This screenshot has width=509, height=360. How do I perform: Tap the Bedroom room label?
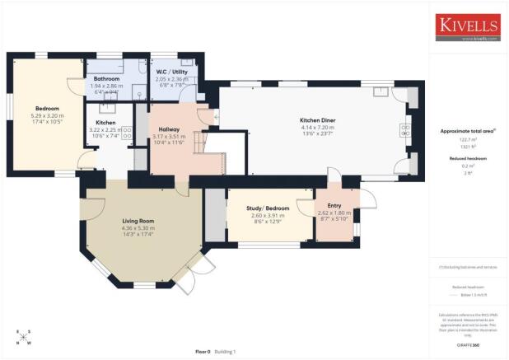click(x=46, y=107)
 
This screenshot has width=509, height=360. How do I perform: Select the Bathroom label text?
click(x=107, y=79)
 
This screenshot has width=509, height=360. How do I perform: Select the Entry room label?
click(x=334, y=205)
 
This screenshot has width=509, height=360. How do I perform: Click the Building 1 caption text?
click(x=224, y=352)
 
